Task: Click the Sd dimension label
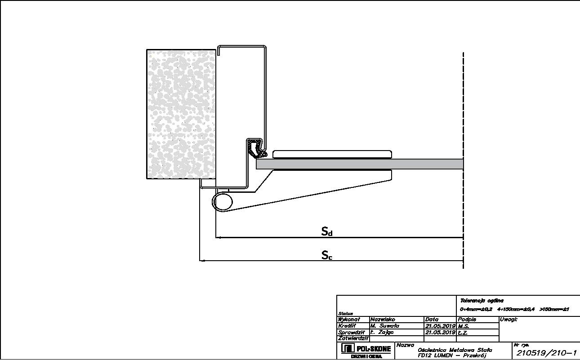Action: pyautogui.click(x=327, y=231)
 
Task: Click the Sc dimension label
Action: pyautogui.click(x=327, y=255)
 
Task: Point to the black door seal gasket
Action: pyautogui.click(x=255, y=149)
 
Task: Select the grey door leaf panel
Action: pyautogui.click(x=360, y=164)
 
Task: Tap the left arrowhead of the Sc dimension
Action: pyautogui.click(x=202, y=260)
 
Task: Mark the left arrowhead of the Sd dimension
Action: pyautogui.click(x=219, y=237)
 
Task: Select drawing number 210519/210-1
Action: pyautogui.click(x=547, y=353)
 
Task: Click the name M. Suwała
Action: pyautogui.click(x=384, y=326)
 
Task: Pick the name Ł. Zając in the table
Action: pyautogui.click(x=382, y=332)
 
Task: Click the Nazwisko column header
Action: pyautogui.click(x=383, y=320)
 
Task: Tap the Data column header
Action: pyautogui.click(x=432, y=320)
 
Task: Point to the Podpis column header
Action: pyautogui.click(x=467, y=320)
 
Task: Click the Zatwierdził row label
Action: pyautogui.click(x=353, y=338)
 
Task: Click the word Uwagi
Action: pyautogui.click(x=509, y=320)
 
